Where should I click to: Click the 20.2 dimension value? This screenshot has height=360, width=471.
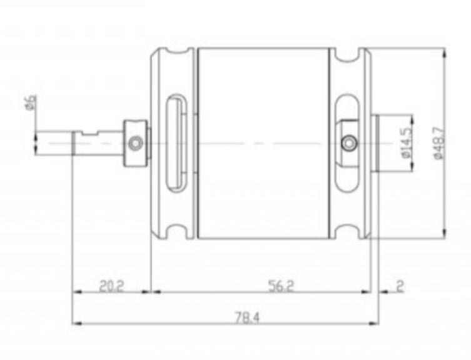tap(111, 286)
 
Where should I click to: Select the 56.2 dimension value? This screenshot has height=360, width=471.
tap(281, 286)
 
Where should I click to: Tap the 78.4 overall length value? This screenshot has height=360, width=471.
tap(246, 318)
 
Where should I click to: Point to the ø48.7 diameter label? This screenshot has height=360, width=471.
tap(438, 143)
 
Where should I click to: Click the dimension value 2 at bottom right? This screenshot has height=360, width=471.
tap(400, 286)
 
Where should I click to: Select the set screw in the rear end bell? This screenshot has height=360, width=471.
tap(348, 142)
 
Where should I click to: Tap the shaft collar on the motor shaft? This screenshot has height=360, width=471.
tap(136, 143)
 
